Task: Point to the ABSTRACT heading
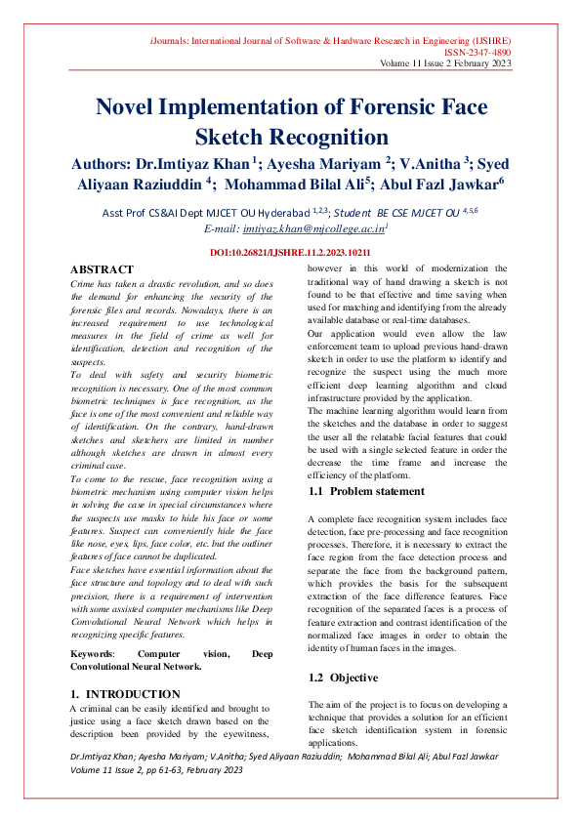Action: (x=103, y=269)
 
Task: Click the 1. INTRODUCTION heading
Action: (x=125, y=693)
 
